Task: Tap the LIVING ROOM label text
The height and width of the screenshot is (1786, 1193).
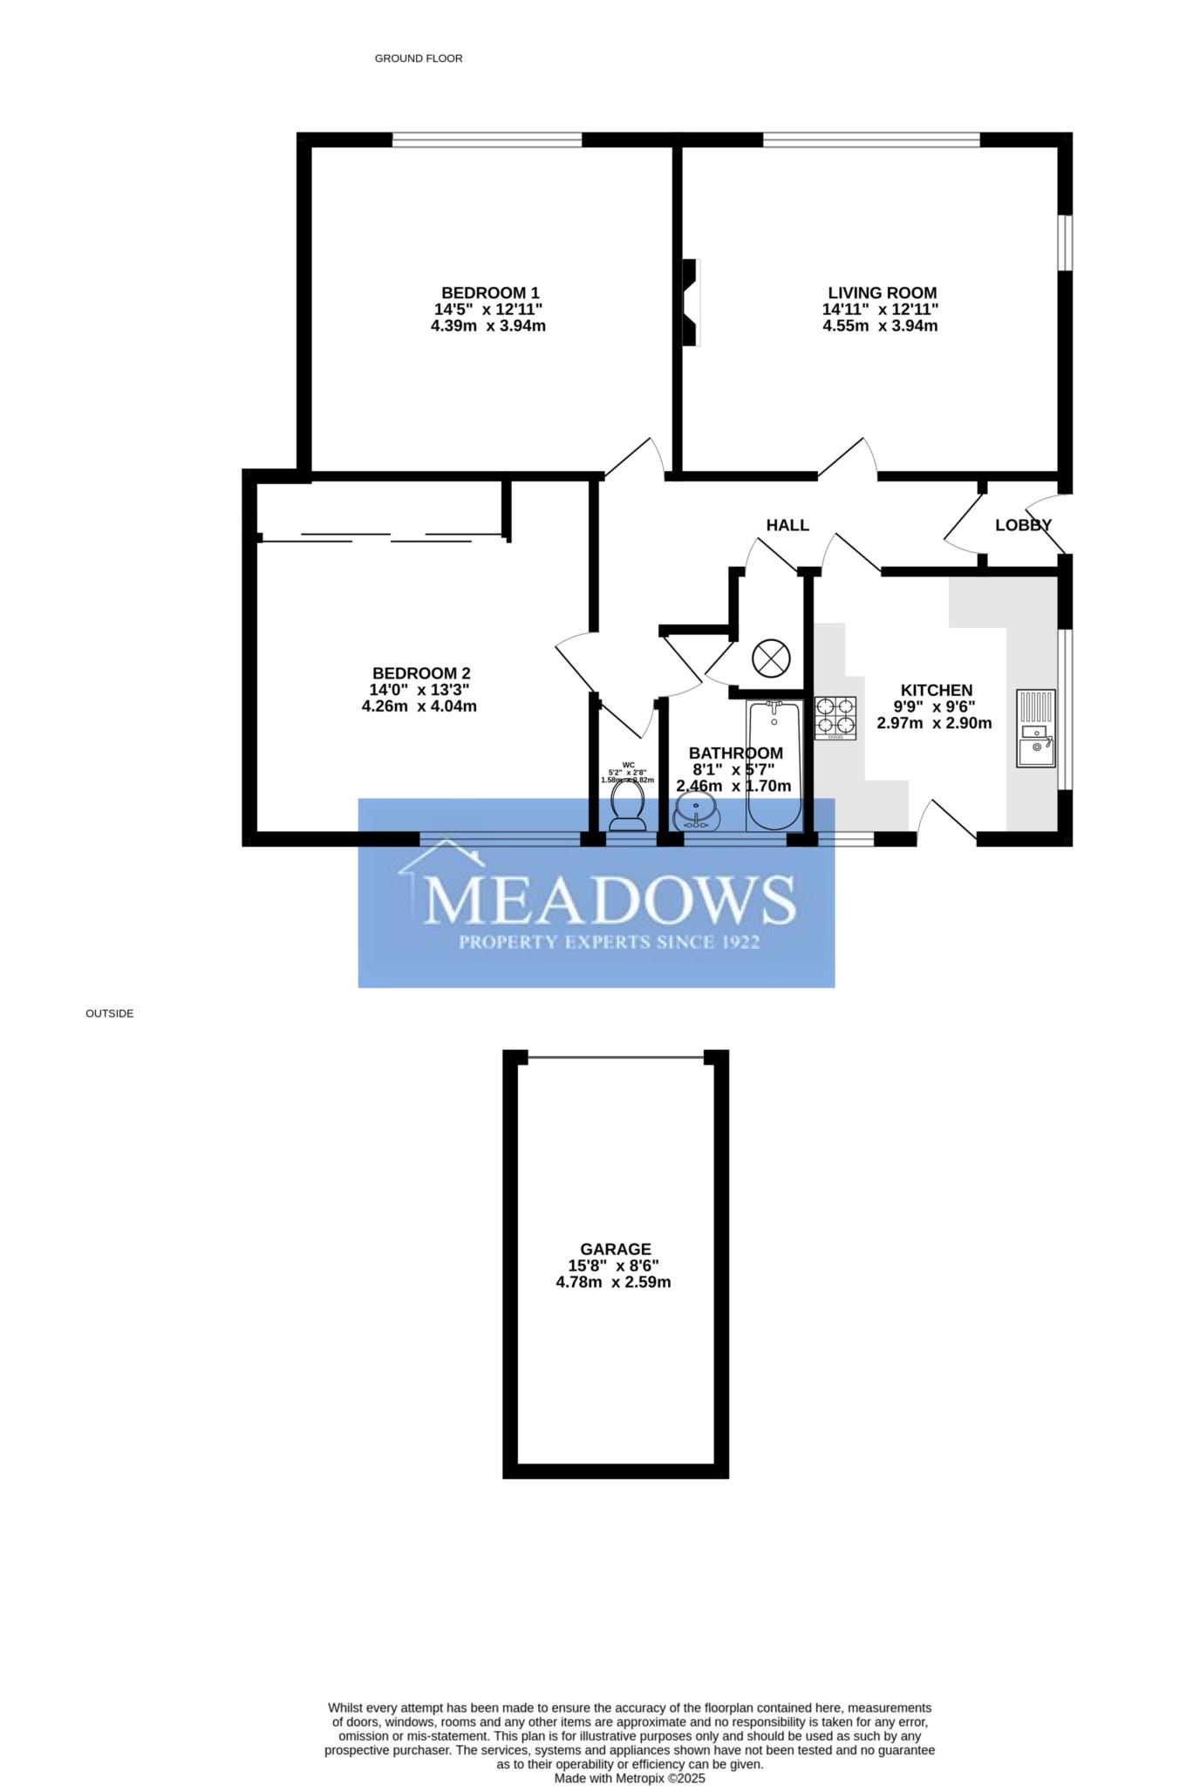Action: pyautogui.click(x=882, y=293)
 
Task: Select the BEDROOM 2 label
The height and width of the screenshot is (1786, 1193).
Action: pyautogui.click(x=421, y=673)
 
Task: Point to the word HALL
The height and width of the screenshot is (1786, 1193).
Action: pyautogui.click(x=787, y=525)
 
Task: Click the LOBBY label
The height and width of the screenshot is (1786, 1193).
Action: pyautogui.click(x=1023, y=525)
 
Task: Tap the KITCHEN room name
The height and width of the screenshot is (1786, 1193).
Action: pyautogui.click(x=936, y=690)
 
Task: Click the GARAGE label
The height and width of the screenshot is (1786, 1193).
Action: pyautogui.click(x=616, y=1249)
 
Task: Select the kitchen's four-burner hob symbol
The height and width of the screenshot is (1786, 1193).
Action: pyautogui.click(x=835, y=717)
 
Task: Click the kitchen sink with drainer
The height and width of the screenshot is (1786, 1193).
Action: pyautogui.click(x=1035, y=728)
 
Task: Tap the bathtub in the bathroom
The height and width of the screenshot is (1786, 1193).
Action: pyautogui.click(x=774, y=766)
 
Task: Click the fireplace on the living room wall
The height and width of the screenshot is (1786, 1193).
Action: pyautogui.click(x=691, y=303)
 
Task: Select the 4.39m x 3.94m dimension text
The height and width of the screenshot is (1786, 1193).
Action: pyautogui.click(x=488, y=326)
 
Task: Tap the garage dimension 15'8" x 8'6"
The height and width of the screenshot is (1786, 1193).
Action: pyautogui.click(x=614, y=1265)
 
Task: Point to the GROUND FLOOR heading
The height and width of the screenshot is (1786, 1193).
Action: pyautogui.click(x=418, y=58)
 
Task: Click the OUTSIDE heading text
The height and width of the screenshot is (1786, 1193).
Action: pyautogui.click(x=109, y=1013)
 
